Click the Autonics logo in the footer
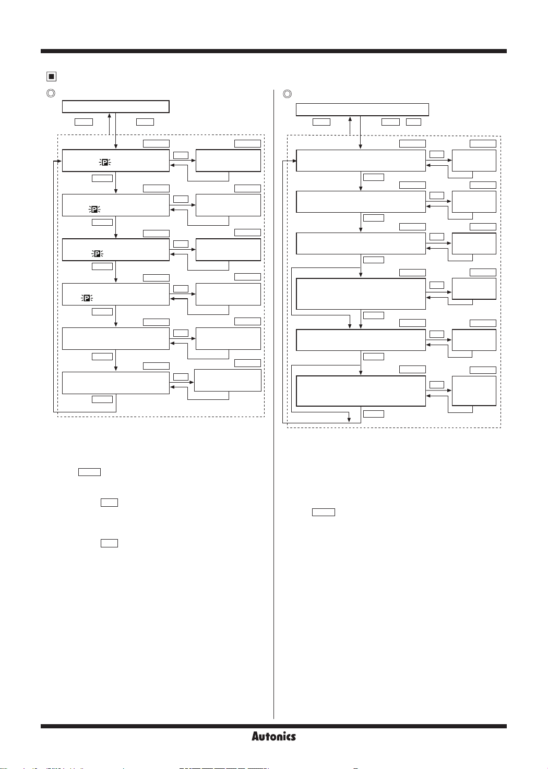pyautogui.click(x=273, y=736)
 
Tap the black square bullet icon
pyautogui.click(x=51, y=77)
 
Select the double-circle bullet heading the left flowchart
pyautogui.click(x=51, y=94)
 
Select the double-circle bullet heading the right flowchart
pyautogui.click(x=287, y=94)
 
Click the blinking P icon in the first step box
pyautogui.click(x=105, y=163)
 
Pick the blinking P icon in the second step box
pyautogui.click(x=94, y=209)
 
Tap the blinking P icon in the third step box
pyautogui.click(x=97, y=253)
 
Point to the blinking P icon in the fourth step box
pyautogui.click(x=87, y=298)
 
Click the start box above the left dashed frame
pyautogui.click(x=115, y=106)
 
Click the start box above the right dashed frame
pyautogui.click(x=362, y=109)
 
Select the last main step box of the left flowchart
pyautogui.click(x=115, y=383)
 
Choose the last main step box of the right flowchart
pyautogui.click(x=361, y=391)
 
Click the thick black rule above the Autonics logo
pyautogui.click(x=273, y=726)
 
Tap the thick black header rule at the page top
pyautogui.click(x=273, y=51)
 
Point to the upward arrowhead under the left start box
pyautogui.click(x=109, y=115)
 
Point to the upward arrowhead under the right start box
pyautogui.click(x=350, y=118)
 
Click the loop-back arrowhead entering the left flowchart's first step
pyautogui.click(x=59, y=161)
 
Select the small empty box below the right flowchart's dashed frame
pyautogui.click(x=324, y=512)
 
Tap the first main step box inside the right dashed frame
pyautogui.click(x=361, y=161)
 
